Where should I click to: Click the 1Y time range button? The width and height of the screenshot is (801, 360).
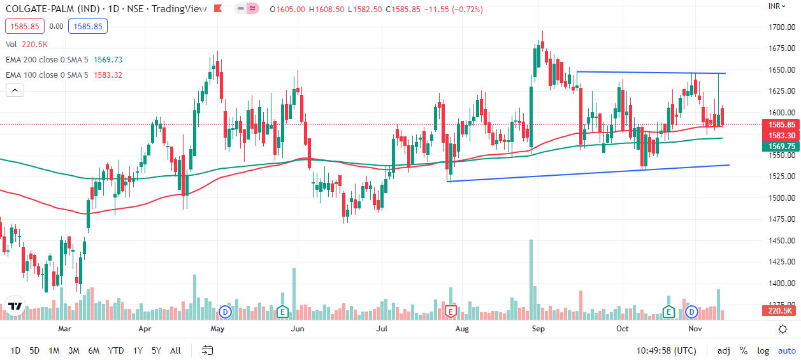coord(138,350)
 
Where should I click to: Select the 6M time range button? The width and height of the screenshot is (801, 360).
coord(94,350)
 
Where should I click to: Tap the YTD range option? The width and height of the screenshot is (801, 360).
coord(116,350)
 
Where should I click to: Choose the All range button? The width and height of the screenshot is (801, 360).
coord(175,350)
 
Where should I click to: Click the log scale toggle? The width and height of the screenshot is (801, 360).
coord(763,350)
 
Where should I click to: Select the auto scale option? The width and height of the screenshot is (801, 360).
coord(786,350)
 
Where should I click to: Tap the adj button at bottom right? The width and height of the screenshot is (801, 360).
coord(724,350)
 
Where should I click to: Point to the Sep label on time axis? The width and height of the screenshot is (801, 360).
coord(538,329)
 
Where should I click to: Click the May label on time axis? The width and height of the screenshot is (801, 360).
coord(218,329)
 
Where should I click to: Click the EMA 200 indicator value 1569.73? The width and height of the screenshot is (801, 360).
coord(108,59)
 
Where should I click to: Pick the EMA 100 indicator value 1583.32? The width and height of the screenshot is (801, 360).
coord(108,75)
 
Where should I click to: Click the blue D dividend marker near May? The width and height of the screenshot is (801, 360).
coord(224,312)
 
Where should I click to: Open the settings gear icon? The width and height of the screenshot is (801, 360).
coord(783,329)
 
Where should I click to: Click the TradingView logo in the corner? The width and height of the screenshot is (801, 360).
coord(15,306)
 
